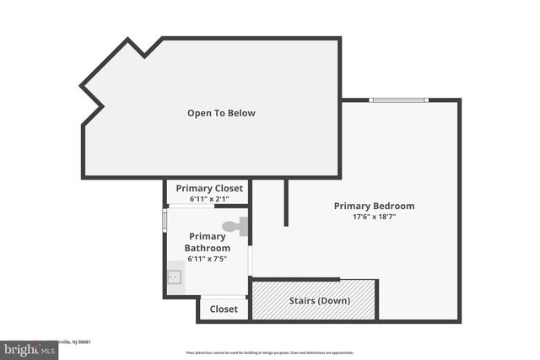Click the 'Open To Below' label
point(221,113)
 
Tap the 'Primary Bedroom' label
point(374,206)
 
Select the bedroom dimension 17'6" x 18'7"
point(374,217)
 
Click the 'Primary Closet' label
point(208,188)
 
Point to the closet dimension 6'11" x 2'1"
point(208,198)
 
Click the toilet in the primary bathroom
point(235,226)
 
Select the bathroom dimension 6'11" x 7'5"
point(207,259)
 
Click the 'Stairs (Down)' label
point(319,301)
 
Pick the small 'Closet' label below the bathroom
point(224,309)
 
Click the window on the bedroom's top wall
point(399,100)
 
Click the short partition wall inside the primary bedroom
point(286,202)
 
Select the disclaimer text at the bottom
point(269,352)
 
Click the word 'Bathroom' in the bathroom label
point(208,248)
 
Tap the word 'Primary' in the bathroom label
point(208,236)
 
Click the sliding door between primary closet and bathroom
point(208,206)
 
